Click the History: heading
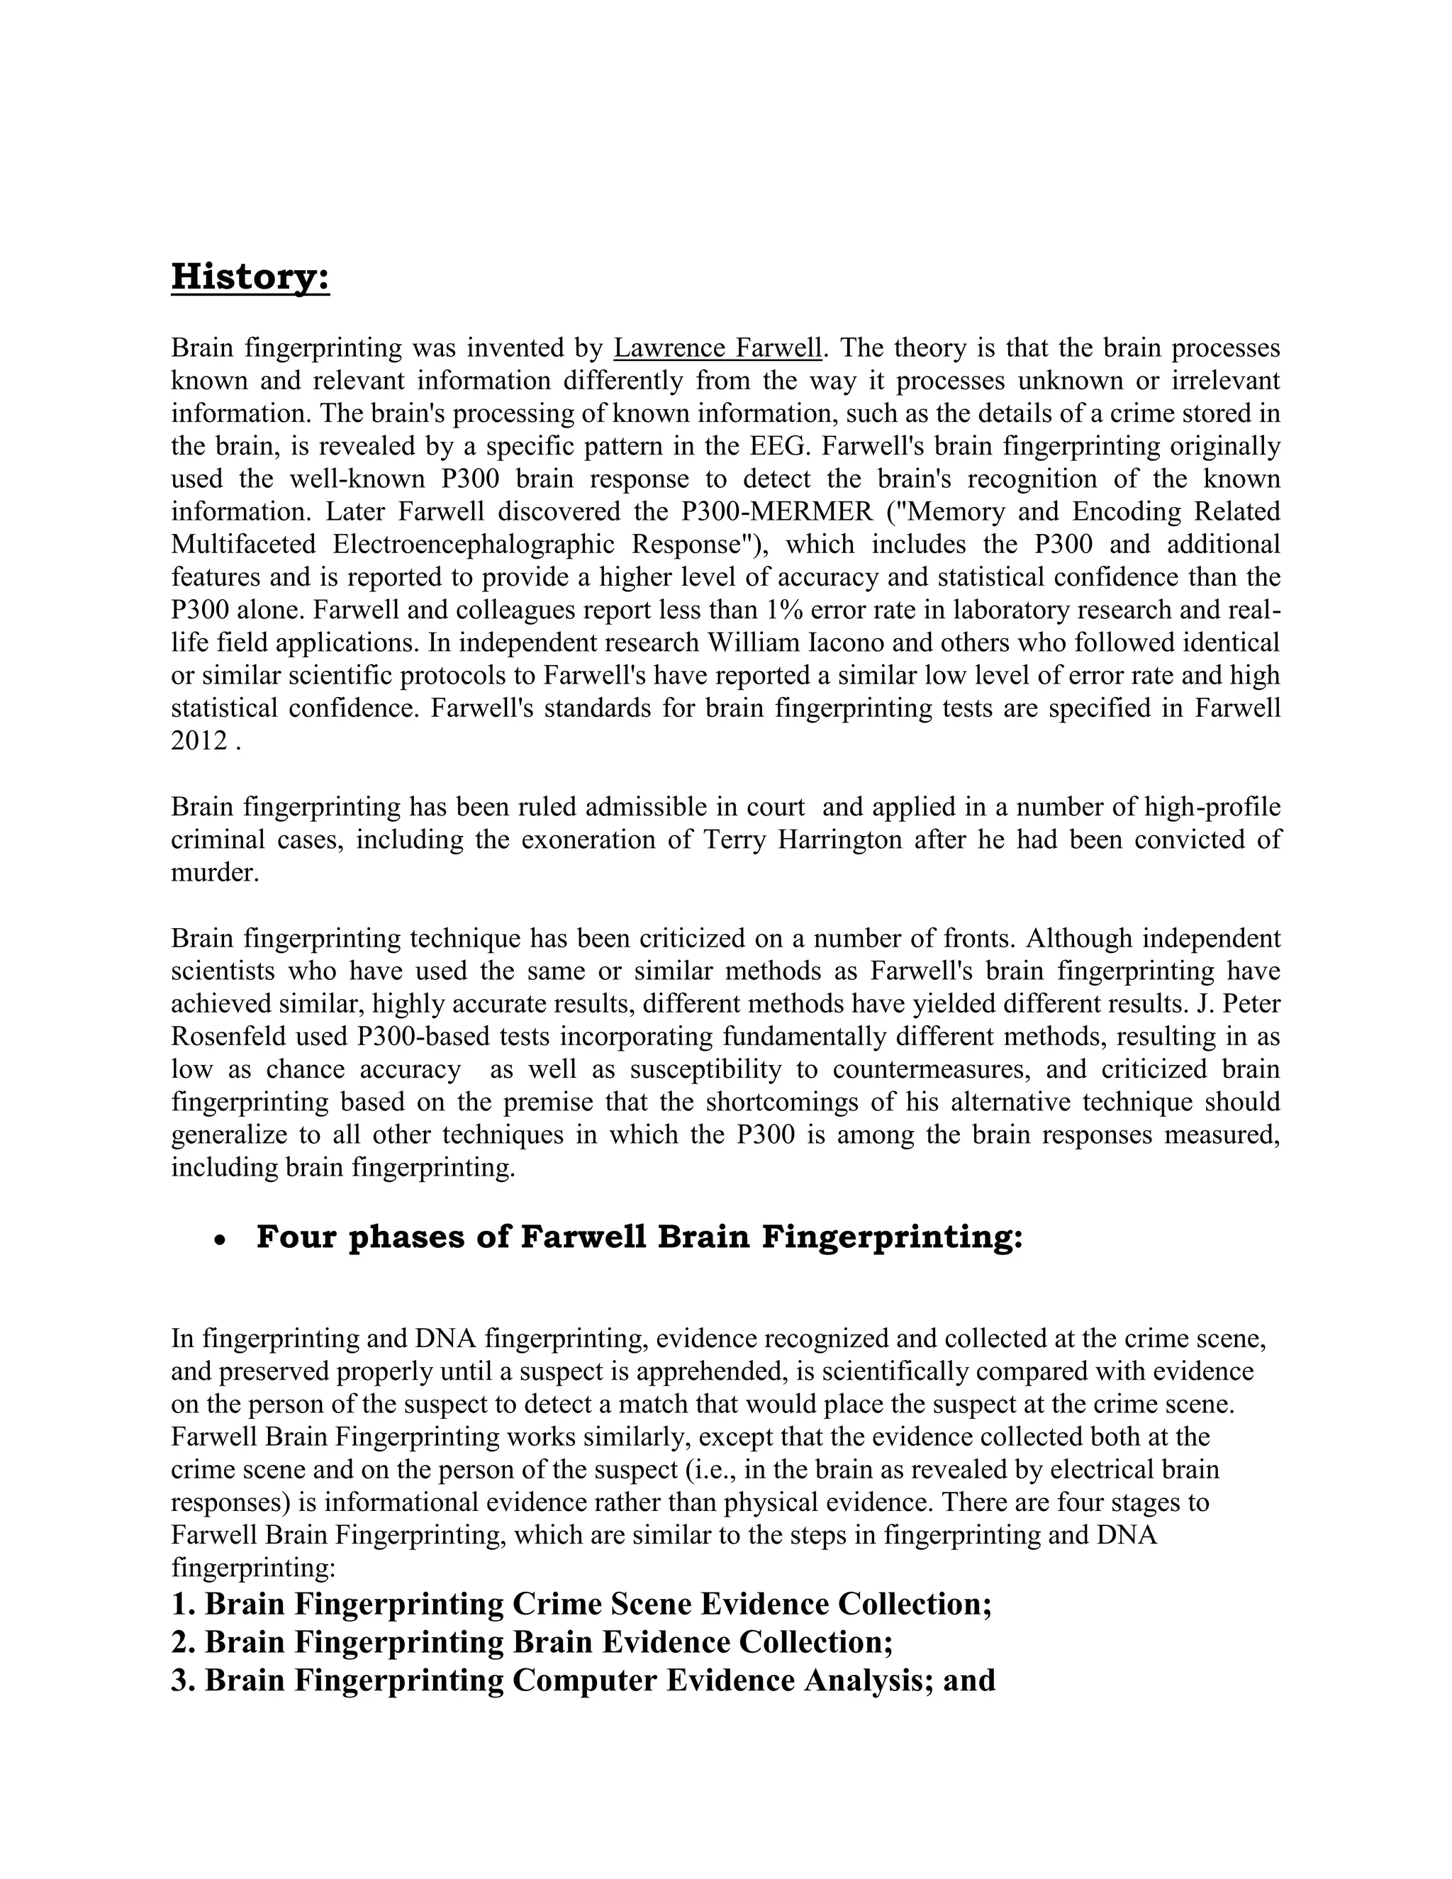(250, 278)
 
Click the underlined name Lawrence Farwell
(718, 348)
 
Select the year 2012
(199, 741)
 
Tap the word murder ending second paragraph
(214, 872)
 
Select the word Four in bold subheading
(296, 1237)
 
